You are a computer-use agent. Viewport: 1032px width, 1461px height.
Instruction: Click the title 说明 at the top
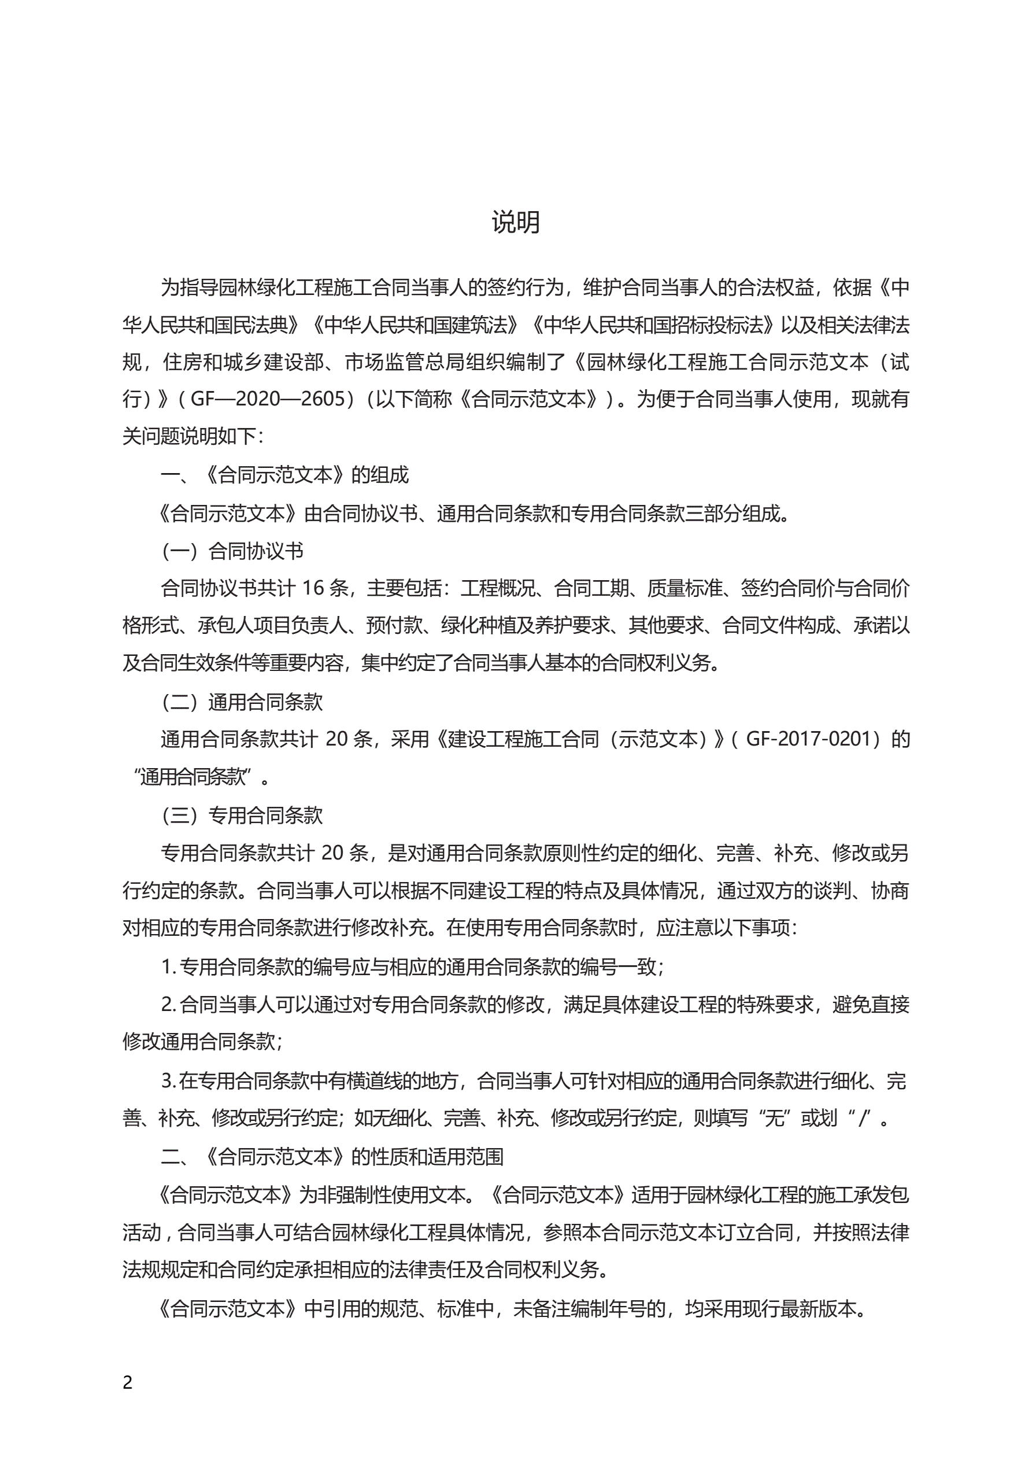(x=515, y=222)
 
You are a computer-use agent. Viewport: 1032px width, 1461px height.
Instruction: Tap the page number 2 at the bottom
(x=128, y=1382)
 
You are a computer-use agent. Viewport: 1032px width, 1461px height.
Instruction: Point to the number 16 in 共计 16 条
(x=312, y=588)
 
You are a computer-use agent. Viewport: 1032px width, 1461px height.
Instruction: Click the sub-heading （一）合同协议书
(x=232, y=551)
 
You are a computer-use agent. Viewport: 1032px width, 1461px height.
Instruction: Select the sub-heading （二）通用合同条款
(x=242, y=702)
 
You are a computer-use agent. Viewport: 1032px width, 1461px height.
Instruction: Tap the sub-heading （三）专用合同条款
(x=242, y=815)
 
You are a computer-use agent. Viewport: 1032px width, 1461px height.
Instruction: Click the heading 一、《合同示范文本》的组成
(x=284, y=475)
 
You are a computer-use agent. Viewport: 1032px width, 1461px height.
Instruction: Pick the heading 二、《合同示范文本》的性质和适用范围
(x=331, y=1156)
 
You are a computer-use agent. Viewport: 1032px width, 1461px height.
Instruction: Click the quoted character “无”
(x=774, y=1117)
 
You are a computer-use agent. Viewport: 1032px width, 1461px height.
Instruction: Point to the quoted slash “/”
(x=863, y=1117)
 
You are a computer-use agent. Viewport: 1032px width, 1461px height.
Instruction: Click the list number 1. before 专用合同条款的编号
(x=168, y=966)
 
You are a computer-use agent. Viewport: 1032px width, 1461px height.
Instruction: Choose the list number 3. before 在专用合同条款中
(x=168, y=1080)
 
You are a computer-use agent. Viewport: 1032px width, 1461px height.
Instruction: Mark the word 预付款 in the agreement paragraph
(x=394, y=625)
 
